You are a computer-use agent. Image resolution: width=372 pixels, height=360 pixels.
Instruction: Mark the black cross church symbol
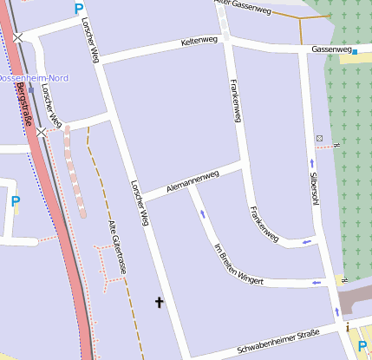(x=159, y=302)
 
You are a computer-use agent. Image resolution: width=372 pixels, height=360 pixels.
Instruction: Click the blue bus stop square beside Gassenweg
(x=355, y=51)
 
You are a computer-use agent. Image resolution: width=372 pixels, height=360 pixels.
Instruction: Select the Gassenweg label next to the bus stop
(x=331, y=50)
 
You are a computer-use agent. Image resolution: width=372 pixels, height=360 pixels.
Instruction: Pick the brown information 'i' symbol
(x=349, y=326)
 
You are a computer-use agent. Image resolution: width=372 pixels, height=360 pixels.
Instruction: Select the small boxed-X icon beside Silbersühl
(x=319, y=139)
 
